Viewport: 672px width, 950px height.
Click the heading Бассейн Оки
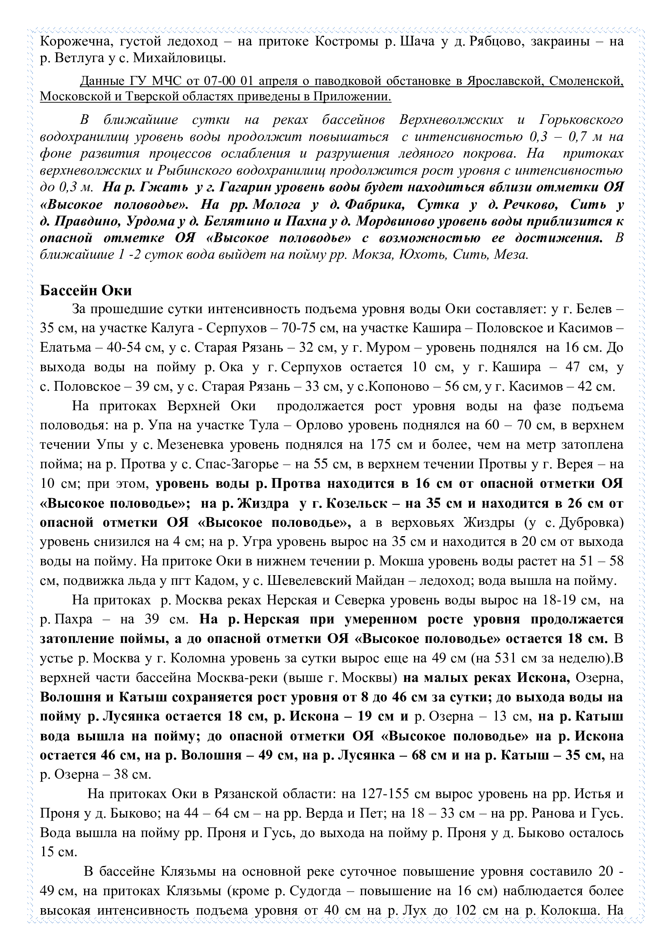[86, 290]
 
